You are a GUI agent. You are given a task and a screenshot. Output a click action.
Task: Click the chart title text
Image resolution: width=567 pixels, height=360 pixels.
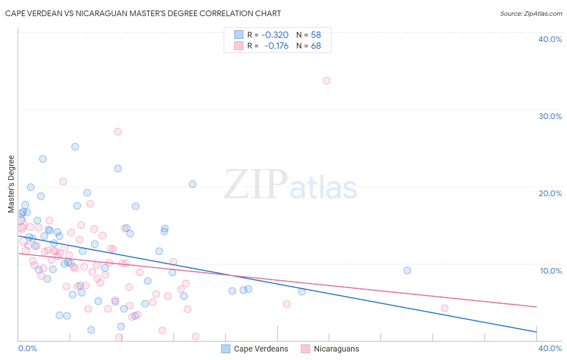coord(143,13)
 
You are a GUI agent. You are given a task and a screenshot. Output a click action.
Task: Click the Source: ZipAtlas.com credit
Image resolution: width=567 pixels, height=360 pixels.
coord(531,13)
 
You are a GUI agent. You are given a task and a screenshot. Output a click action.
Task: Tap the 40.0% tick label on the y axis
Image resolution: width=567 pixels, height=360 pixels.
coord(550,39)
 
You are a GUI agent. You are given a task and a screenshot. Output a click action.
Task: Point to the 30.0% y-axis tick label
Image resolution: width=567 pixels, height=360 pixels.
coord(550,116)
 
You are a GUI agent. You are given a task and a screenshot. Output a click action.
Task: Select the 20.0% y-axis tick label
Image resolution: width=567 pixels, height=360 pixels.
coord(550,193)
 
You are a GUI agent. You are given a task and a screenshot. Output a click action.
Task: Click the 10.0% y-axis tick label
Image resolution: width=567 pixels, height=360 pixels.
coord(550,271)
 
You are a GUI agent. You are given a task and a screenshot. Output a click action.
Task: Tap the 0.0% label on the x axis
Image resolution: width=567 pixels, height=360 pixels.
coord(28,348)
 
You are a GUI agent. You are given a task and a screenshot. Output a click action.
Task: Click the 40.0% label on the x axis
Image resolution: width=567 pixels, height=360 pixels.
coord(550,348)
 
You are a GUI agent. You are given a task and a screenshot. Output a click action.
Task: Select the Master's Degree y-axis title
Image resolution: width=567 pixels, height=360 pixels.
coord(11,184)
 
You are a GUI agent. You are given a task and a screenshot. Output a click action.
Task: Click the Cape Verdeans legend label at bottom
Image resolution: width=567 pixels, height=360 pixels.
coord(261,349)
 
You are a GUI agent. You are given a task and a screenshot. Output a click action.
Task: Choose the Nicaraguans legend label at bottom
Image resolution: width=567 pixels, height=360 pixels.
coord(336,349)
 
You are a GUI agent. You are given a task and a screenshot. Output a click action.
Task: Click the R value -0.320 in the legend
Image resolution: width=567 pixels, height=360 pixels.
coord(275,35)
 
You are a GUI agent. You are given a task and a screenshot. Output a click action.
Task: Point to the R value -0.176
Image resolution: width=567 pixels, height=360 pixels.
coord(276,46)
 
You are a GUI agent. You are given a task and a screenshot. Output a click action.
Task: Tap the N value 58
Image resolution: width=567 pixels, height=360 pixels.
coord(316,35)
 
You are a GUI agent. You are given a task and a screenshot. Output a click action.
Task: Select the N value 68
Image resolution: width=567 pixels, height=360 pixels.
coord(316,46)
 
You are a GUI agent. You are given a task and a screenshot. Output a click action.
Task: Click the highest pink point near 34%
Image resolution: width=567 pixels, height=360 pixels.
coord(327,81)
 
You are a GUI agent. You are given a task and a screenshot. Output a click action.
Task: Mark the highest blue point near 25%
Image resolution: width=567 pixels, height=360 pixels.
coord(75,147)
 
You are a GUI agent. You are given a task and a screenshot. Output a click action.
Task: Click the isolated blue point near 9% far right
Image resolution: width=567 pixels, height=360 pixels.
coord(407,270)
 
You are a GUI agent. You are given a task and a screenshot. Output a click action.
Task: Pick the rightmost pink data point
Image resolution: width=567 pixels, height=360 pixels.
coord(444,308)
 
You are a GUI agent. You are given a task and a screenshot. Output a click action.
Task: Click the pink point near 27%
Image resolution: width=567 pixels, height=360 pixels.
coord(118,132)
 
